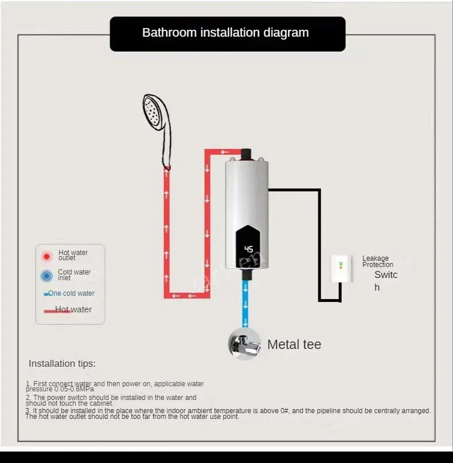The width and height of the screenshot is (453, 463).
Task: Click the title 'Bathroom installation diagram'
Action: [225, 33]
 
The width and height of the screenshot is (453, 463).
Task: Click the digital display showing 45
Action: [248, 249]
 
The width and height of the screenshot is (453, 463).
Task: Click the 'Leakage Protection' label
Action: [377, 261]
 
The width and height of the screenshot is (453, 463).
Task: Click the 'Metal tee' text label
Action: [294, 344]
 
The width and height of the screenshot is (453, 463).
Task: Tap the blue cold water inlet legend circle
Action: [46, 276]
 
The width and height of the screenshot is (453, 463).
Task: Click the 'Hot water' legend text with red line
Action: [73, 309]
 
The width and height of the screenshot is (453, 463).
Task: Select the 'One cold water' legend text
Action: [71, 293]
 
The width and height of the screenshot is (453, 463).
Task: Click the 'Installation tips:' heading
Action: [62, 363]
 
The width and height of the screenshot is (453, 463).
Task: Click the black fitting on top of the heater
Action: [247, 154]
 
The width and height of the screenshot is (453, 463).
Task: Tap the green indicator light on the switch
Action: [340, 264]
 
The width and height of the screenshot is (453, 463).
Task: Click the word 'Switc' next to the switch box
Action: [386, 274]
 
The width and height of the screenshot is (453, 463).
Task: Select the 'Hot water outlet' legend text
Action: [73, 255]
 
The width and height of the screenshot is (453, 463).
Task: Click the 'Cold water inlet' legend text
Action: [74, 274]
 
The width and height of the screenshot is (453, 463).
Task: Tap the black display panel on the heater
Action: [249, 246]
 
